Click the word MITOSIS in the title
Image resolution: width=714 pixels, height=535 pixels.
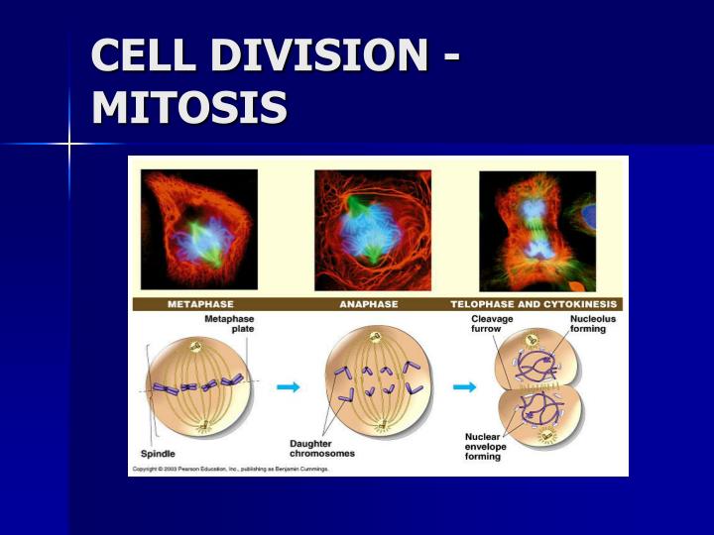189,107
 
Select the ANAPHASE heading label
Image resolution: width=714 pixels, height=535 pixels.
369,304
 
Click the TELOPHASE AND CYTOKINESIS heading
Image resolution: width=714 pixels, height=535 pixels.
535,304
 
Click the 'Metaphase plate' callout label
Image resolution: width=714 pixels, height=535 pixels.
228,323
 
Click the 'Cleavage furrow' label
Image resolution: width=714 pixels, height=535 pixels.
491,324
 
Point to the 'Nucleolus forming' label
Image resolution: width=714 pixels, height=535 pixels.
588,324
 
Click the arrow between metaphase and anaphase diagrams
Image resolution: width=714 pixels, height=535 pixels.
288,387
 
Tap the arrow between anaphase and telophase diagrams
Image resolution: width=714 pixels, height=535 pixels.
463,387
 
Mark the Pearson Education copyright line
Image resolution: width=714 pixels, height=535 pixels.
230,468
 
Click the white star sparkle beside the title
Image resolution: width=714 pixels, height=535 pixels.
69,145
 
